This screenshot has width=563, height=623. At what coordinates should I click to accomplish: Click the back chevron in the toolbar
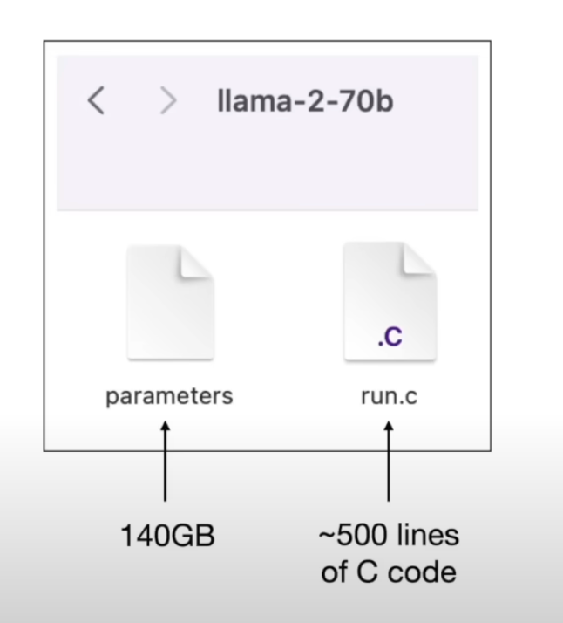pos(96,102)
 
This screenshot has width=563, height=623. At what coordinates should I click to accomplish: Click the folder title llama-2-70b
pos(305,101)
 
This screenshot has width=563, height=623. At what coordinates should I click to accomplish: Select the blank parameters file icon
pos(170,301)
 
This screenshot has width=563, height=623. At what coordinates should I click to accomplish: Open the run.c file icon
pos(390,301)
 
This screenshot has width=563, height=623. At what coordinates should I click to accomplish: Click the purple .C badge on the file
pos(390,338)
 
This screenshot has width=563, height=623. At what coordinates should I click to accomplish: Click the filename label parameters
pos(169,396)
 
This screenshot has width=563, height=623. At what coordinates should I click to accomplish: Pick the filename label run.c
pos(389,396)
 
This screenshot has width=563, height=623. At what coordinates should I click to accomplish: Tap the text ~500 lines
pos(388,536)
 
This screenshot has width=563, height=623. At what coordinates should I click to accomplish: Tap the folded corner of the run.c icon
pos(418,259)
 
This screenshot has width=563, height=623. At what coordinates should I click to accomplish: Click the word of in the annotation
pos(335,572)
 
